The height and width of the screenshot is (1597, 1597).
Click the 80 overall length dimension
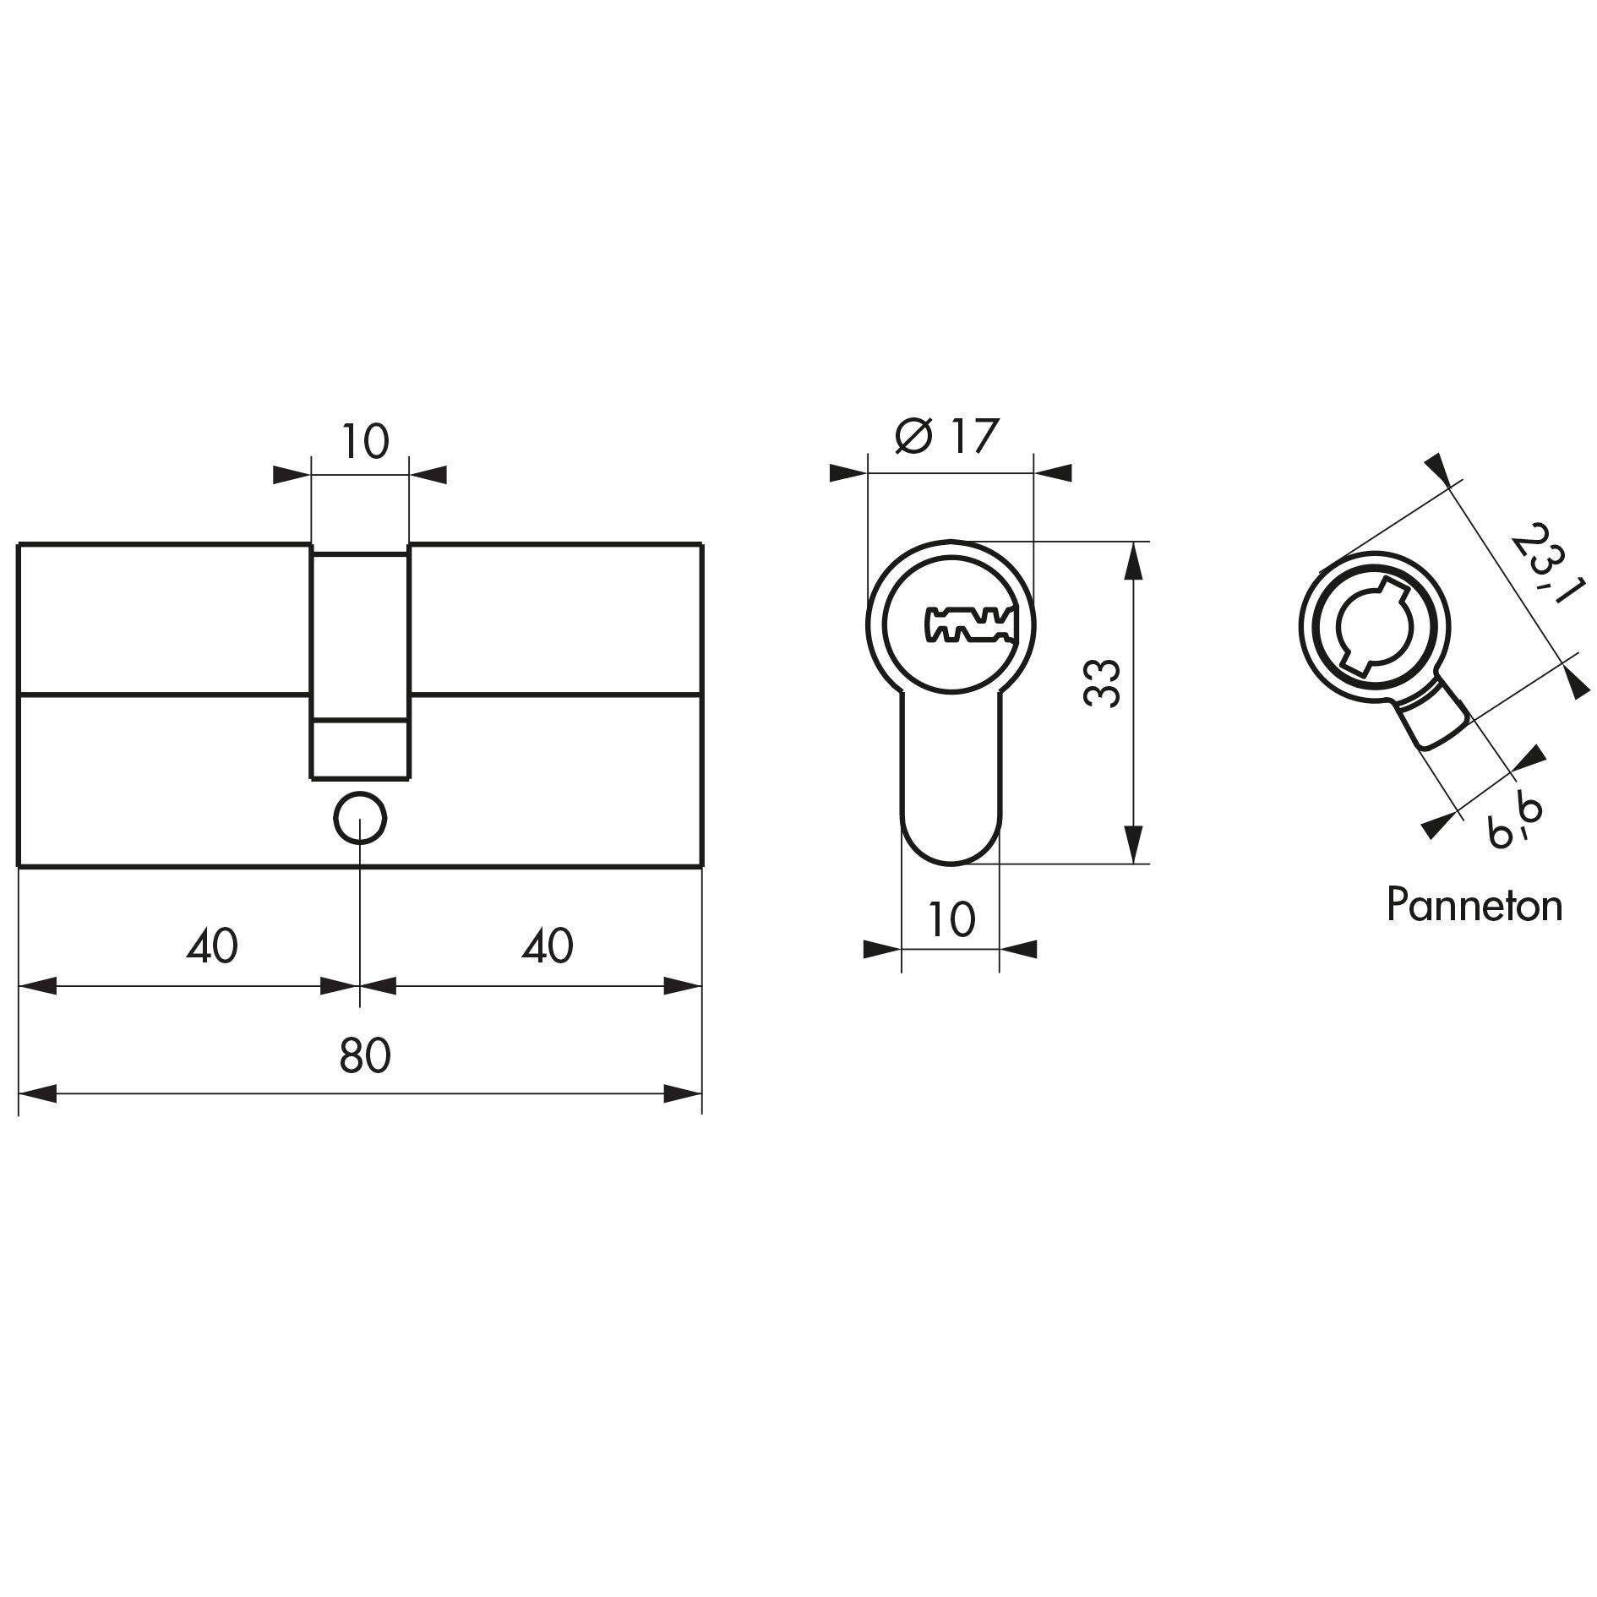tap(365, 1055)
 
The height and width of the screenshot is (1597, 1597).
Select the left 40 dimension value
tap(212, 946)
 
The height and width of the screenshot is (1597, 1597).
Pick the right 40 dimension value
tap(548, 946)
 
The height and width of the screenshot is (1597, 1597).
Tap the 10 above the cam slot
tap(365, 441)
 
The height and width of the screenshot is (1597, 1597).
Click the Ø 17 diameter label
tap(947, 436)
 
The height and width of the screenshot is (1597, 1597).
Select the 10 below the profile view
tap(951, 919)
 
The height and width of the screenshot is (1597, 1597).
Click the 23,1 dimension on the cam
tap(1543, 564)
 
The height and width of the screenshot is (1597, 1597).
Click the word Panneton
tap(1474, 905)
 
